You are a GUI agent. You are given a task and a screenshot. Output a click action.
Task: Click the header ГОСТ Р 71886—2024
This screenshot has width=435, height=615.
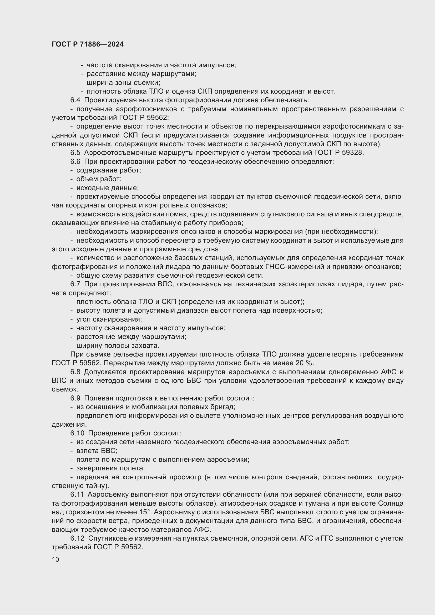click(88, 44)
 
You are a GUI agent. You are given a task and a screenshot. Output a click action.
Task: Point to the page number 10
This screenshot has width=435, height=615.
click(55, 559)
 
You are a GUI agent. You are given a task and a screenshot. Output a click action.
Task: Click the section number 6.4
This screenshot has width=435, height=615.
click(75, 100)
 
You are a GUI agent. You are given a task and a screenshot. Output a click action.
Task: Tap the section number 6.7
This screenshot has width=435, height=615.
click(75, 284)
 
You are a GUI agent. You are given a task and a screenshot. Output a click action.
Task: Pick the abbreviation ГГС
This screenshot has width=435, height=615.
click(326, 538)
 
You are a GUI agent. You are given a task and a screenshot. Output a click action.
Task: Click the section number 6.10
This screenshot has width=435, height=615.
click(77, 433)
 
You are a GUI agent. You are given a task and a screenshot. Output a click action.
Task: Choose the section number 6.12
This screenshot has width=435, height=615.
click(77, 538)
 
